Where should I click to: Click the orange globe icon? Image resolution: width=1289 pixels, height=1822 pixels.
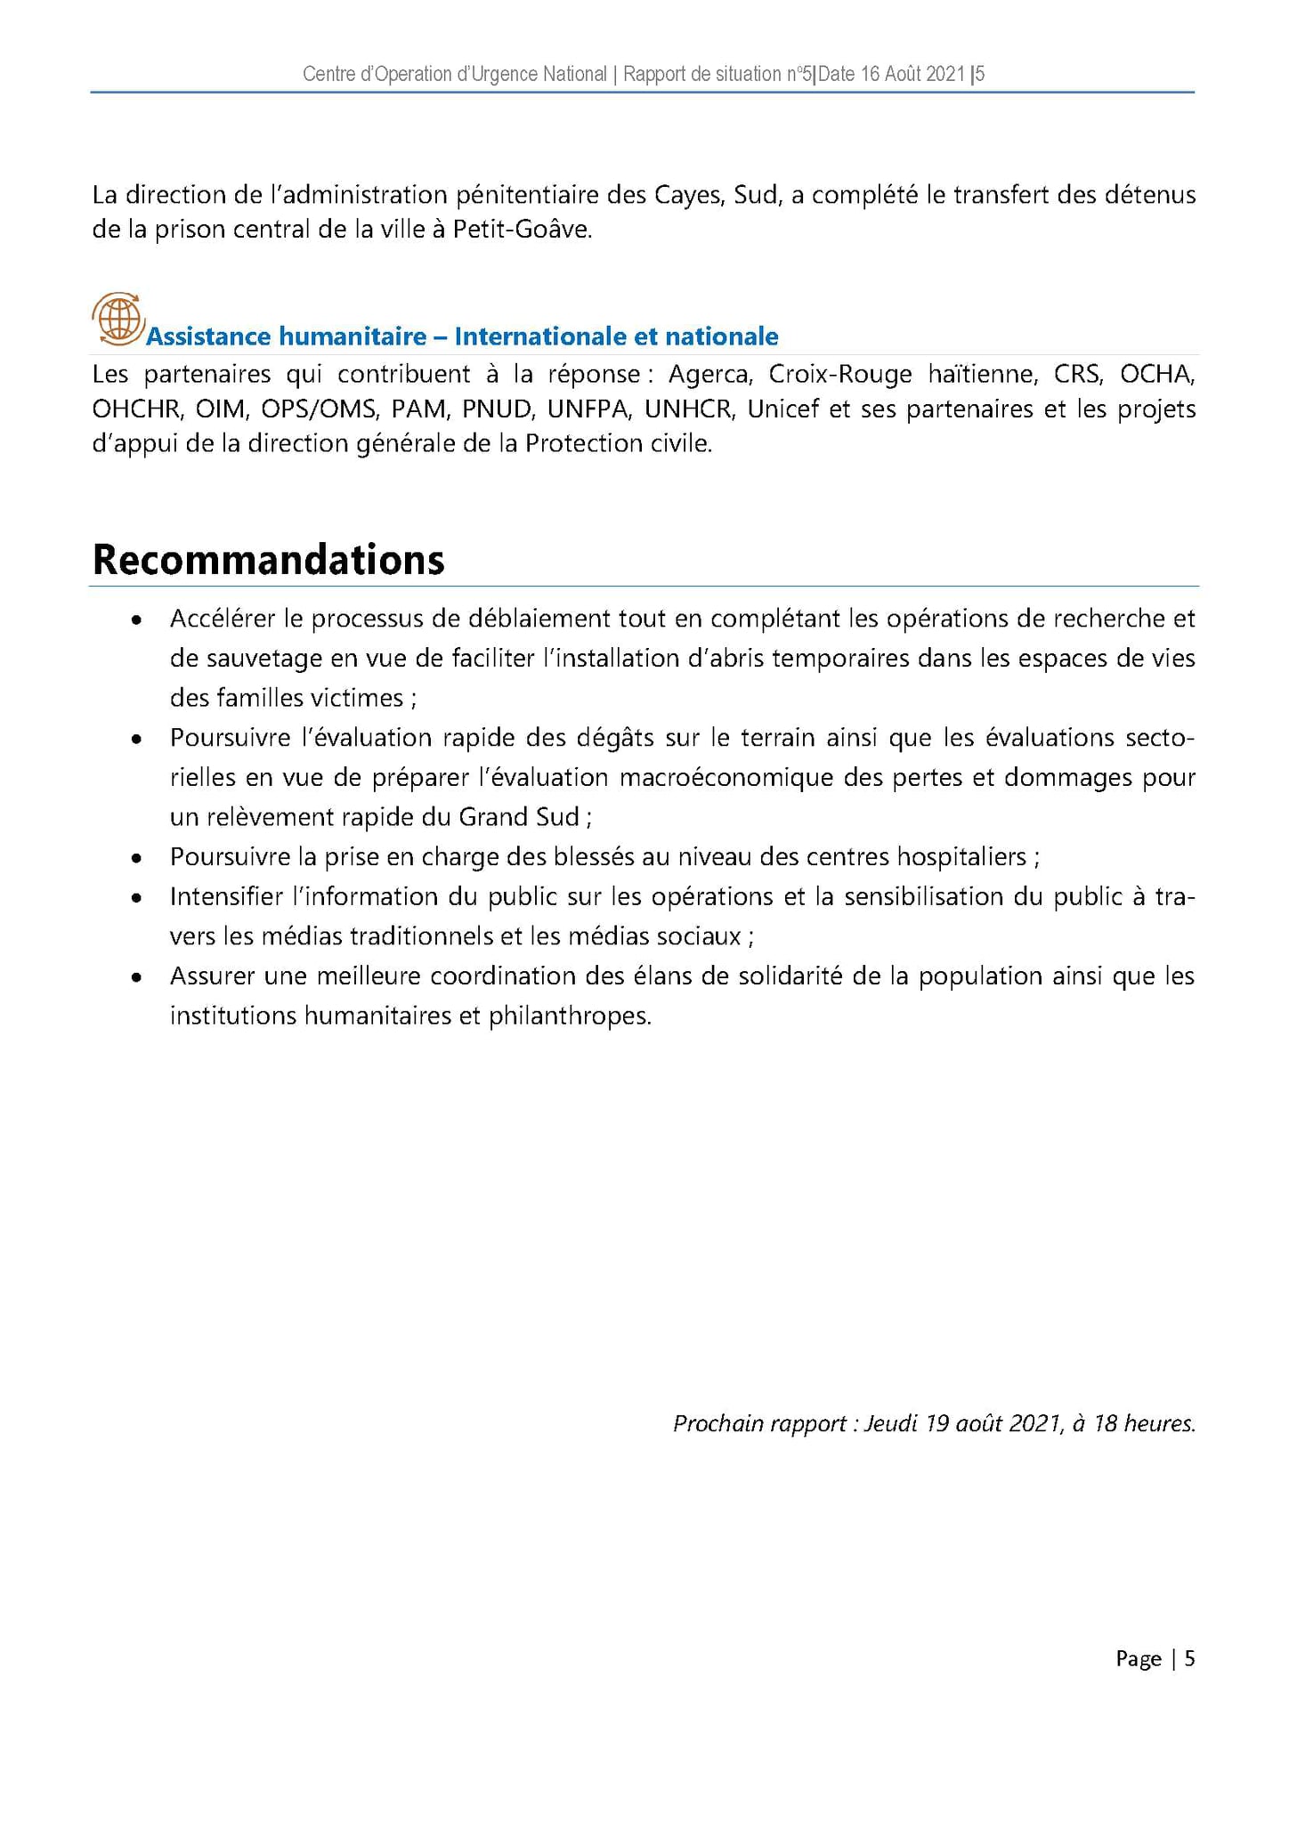tap(118, 318)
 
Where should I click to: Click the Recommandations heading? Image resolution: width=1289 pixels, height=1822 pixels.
tap(268, 560)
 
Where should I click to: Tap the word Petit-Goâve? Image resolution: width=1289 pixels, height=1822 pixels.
tap(522, 230)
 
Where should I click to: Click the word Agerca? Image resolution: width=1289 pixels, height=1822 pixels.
tap(710, 374)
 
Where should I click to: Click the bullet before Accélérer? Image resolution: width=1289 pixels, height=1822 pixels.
tap(136, 620)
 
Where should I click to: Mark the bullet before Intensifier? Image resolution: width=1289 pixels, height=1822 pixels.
tap(136, 898)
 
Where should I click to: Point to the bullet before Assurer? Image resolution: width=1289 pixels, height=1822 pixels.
tap(136, 978)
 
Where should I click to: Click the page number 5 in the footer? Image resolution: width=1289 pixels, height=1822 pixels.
tap(1189, 1658)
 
